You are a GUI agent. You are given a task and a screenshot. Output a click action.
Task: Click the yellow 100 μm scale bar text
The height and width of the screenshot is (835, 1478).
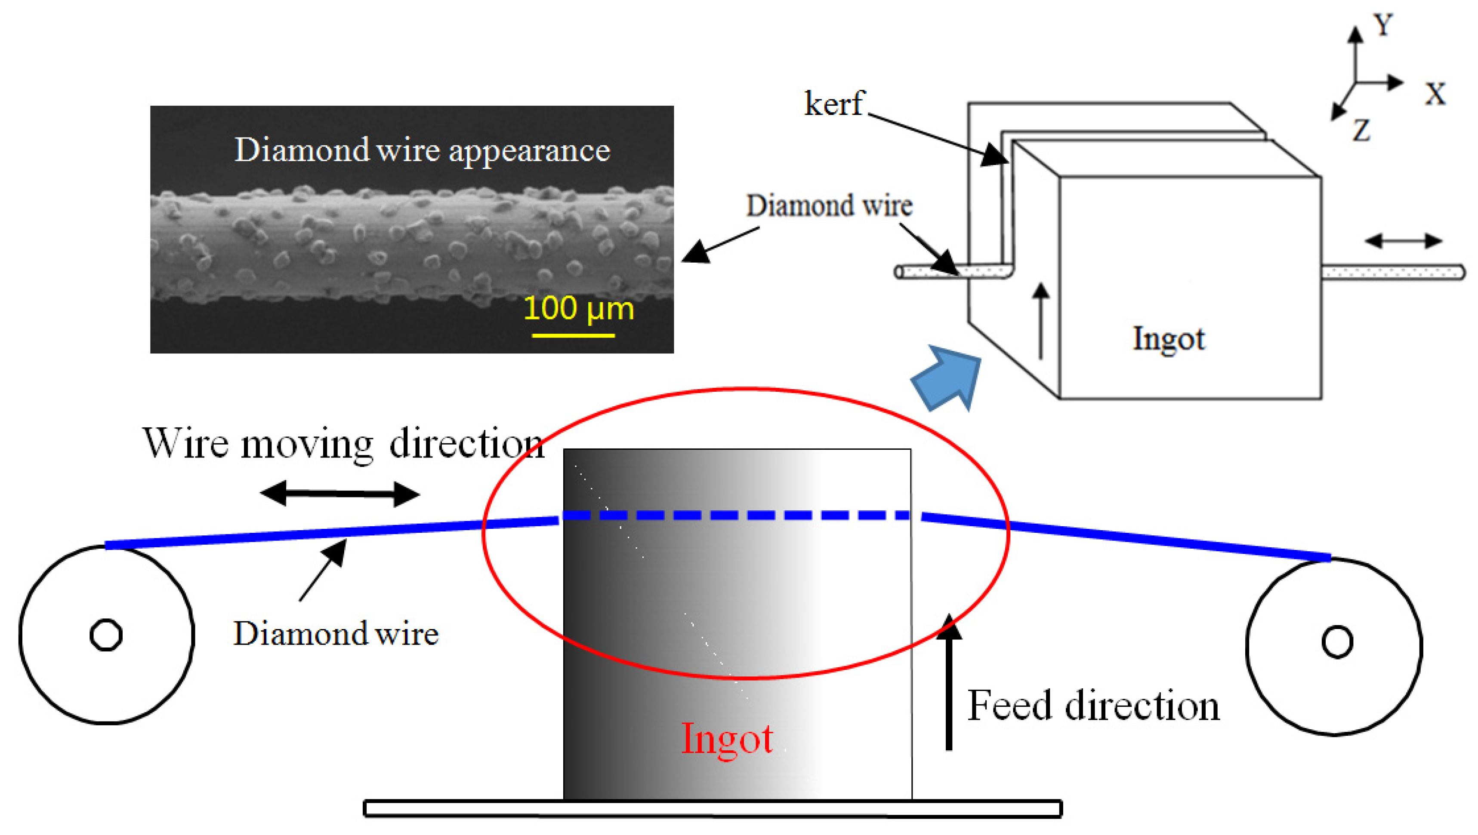(578, 309)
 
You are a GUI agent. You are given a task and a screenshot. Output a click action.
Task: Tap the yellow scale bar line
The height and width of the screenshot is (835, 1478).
(573, 335)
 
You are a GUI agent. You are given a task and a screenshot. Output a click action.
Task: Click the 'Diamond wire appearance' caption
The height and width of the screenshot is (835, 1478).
(422, 150)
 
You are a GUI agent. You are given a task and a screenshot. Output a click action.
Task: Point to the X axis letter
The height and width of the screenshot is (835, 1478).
(1435, 93)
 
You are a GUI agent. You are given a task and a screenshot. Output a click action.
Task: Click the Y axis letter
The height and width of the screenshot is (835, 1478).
(1383, 25)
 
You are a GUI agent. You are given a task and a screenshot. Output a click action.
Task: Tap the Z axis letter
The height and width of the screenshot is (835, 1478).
(1361, 130)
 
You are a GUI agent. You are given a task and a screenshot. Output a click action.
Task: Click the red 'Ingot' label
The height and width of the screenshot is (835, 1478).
(727, 739)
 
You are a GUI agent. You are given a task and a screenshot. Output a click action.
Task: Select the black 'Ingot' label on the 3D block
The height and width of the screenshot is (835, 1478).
(1168, 338)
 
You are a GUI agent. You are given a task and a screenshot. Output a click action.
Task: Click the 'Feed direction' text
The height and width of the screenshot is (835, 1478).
(1093, 706)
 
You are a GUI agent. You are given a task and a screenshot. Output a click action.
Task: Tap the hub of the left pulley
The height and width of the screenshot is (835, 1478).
(106, 635)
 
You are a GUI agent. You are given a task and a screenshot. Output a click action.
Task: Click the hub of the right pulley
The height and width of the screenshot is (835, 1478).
(1337, 642)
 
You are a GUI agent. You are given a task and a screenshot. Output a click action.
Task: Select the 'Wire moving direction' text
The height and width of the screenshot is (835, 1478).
(343, 443)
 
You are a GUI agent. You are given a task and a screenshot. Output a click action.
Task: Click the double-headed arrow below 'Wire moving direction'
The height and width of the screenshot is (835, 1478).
(339, 493)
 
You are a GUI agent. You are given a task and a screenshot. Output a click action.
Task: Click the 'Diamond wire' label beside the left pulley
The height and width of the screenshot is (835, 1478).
(336, 634)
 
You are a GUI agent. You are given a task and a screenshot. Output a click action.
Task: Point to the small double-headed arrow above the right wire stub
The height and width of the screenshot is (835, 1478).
(1404, 241)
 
